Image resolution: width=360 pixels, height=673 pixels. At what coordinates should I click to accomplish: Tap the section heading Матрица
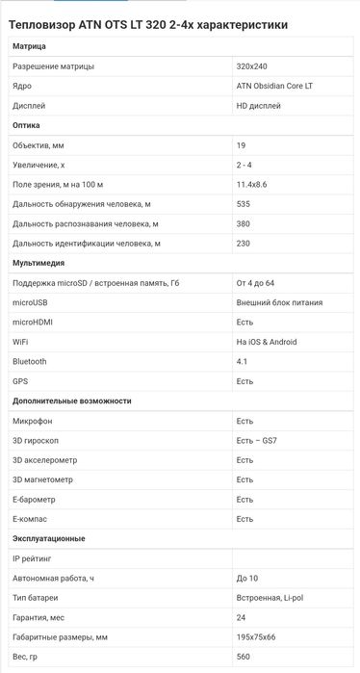(29, 46)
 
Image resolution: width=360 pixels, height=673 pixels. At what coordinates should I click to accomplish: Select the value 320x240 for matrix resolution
(252, 65)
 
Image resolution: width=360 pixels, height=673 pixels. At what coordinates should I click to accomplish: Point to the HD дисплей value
(260, 105)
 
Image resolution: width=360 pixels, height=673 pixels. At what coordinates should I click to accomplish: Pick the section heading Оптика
(27, 125)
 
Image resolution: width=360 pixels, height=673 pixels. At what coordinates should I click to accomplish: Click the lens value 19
(241, 144)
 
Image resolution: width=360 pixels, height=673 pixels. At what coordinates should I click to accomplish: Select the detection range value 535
(244, 204)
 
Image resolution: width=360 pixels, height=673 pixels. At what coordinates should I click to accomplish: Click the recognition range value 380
(244, 223)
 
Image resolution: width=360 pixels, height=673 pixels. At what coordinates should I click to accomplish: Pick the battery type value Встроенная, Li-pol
(270, 598)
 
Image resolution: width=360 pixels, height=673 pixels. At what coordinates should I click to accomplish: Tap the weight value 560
(244, 657)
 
